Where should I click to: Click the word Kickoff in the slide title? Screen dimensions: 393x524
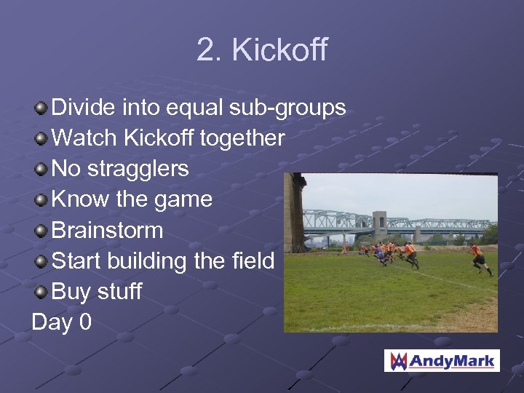click(x=280, y=50)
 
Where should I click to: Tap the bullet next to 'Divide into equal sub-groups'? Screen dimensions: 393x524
click(x=41, y=108)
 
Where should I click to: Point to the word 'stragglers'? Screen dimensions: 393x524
click(x=138, y=169)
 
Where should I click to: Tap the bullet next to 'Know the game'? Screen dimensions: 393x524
click(x=41, y=200)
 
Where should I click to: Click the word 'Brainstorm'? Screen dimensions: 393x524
click(x=107, y=230)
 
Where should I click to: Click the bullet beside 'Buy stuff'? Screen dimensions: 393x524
click(x=41, y=292)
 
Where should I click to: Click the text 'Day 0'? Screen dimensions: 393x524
click(x=62, y=322)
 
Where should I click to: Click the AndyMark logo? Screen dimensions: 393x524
click(x=442, y=360)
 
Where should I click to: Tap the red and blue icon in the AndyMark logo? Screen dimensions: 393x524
click(x=398, y=360)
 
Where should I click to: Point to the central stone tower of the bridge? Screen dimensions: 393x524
click(x=380, y=226)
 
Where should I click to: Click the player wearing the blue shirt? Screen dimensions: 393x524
click(x=381, y=253)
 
